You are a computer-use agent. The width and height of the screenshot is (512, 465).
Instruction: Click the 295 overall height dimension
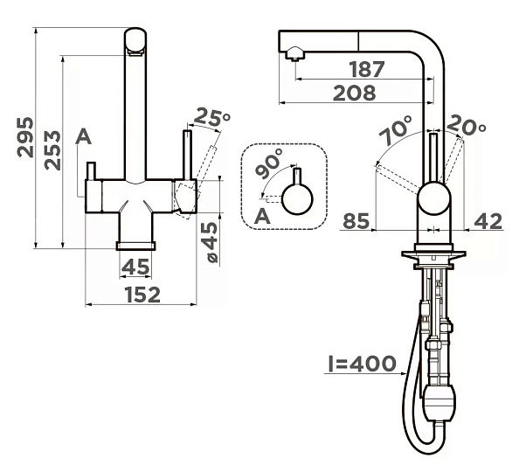click(x=25, y=137)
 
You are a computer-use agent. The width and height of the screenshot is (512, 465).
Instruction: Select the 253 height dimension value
click(x=52, y=150)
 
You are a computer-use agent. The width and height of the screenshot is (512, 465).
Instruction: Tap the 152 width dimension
click(x=143, y=295)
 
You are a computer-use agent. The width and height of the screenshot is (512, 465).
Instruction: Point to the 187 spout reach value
click(x=367, y=69)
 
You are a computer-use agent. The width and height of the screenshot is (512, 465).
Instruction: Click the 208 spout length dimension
click(x=355, y=93)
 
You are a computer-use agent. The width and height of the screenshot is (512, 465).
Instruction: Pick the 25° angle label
click(x=212, y=116)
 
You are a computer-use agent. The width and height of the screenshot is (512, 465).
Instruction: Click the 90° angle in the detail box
click(x=269, y=163)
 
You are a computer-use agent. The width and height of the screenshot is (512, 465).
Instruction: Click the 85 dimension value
click(x=356, y=221)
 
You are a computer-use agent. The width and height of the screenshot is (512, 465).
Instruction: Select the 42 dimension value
click(x=488, y=221)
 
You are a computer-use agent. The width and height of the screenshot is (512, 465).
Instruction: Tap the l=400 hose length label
click(x=362, y=364)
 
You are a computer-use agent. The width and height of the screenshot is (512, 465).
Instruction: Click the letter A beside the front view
click(x=83, y=136)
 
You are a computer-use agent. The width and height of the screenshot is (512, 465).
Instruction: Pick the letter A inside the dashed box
click(x=262, y=216)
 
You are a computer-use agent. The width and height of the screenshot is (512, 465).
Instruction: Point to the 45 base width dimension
click(x=135, y=267)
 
